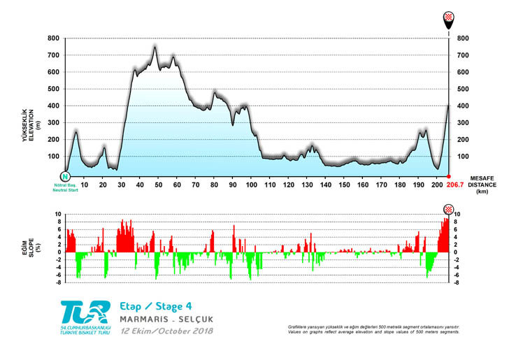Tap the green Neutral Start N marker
coord(65,177)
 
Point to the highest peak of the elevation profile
coord(155,46)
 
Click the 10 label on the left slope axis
coord(59,215)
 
